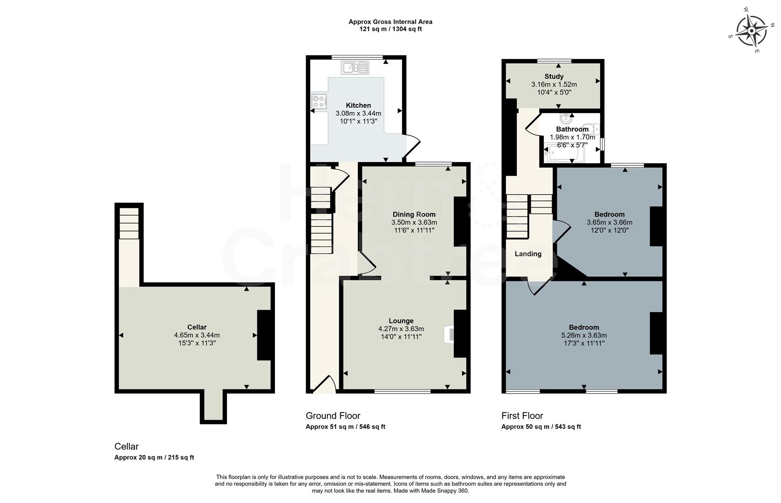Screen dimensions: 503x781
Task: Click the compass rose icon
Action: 751,31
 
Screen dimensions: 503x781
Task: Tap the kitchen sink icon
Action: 355,68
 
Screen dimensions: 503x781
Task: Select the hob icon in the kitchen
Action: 319,101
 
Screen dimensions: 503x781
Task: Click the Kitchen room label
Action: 358,105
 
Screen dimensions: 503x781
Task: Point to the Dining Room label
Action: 414,214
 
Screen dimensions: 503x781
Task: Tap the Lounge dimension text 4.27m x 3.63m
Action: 401,328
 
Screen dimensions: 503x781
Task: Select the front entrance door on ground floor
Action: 324,386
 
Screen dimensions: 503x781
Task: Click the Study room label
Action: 554,76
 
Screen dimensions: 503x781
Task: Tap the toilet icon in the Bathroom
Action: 593,129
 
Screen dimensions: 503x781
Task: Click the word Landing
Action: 528,254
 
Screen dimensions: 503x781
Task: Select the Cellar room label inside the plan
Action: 197,327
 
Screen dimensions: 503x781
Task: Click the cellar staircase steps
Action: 129,223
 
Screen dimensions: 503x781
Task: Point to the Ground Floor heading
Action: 333,415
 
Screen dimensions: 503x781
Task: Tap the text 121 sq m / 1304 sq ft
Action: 390,29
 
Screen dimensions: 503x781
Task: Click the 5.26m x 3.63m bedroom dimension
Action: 584,335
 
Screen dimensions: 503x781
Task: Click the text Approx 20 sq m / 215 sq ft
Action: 154,457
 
